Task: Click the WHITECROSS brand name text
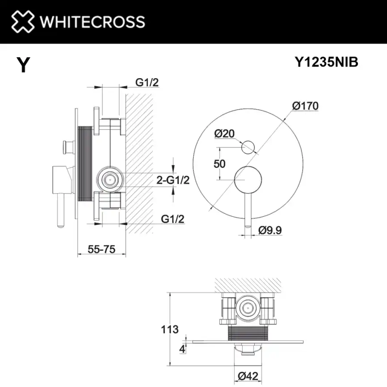coord(92,21)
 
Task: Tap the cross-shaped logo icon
coord(23,21)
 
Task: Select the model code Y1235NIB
coord(326,63)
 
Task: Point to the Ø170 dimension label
coord(305,106)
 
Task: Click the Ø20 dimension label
coord(224,133)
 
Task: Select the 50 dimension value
coord(219,164)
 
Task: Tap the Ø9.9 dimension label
coord(270,230)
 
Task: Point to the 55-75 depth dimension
coord(101,250)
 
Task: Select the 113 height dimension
coord(169,330)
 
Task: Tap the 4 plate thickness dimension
coord(182,349)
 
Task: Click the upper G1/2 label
coord(147,83)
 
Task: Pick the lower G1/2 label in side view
coord(172,219)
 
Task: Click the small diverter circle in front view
coord(248,146)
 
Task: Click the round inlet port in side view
coord(109,180)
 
